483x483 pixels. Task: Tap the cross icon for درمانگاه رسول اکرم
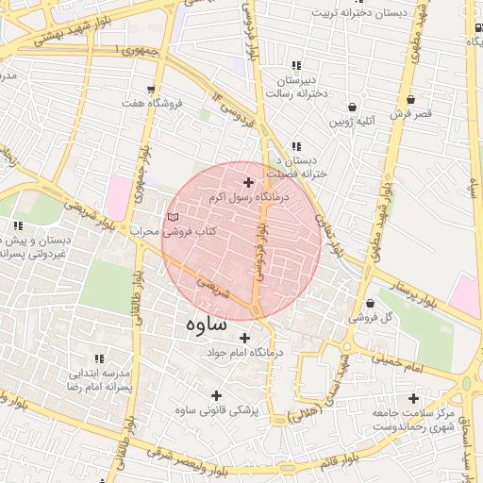coord(249,182)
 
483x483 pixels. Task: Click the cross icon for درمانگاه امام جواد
coord(245,338)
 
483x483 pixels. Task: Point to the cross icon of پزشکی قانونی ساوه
coord(216,395)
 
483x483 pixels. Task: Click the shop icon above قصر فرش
coord(410,99)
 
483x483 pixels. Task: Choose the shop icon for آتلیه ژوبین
coord(353,107)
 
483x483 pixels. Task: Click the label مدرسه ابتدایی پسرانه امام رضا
coord(96,378)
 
